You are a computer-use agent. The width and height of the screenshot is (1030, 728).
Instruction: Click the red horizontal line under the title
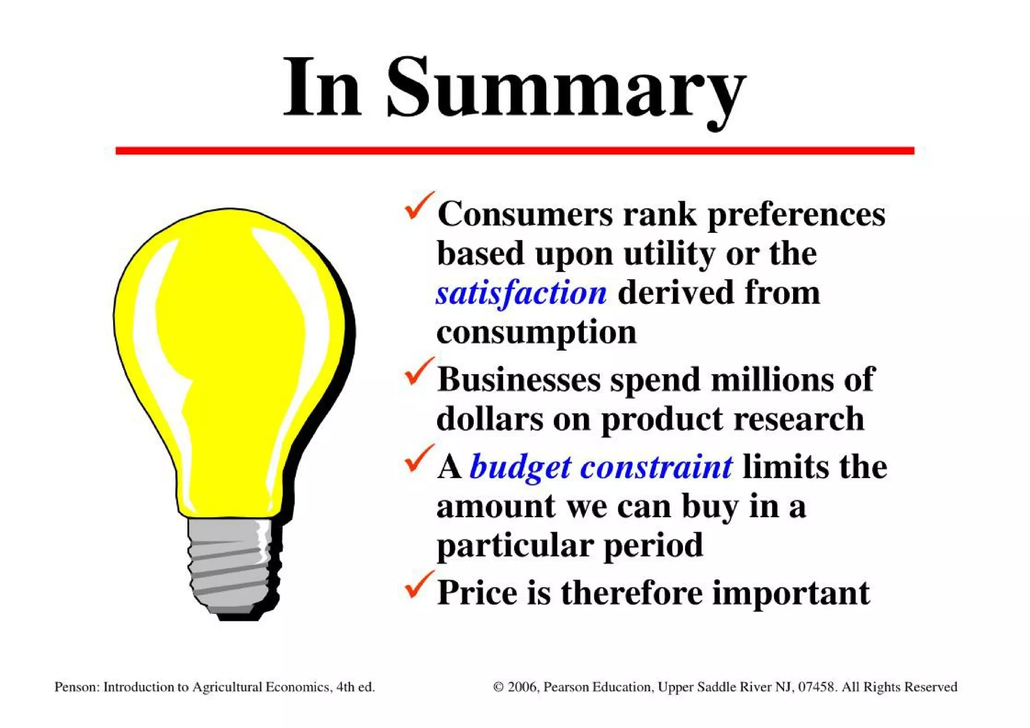pos(514,150)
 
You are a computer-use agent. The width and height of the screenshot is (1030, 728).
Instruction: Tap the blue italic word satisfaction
pos(521,293)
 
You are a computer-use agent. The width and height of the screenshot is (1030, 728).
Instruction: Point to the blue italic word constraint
pos(656,467)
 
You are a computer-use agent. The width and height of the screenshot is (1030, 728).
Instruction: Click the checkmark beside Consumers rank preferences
pos(418,206)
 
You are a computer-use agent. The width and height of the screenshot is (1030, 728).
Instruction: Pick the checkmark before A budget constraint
pos(418,459)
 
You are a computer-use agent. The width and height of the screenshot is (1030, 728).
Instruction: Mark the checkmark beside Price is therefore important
pos(418,585)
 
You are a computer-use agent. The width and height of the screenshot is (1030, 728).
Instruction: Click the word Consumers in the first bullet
pos(525,214)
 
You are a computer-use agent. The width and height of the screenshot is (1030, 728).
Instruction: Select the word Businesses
pos(519,379)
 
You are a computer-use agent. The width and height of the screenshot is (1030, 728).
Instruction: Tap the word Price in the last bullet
pos(477,593)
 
